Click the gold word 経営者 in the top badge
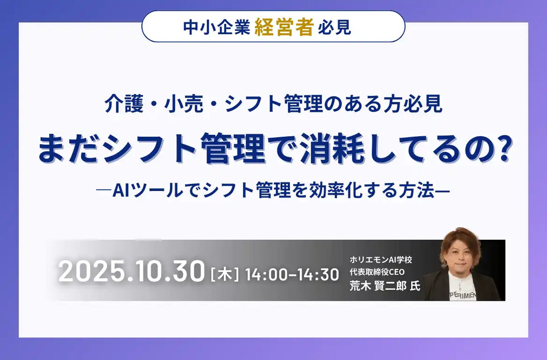[x=284, y=27]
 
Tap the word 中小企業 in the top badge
[x=217, y=27]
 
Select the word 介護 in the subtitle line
[x=124, y=103]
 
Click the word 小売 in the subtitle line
[x=184, y=103]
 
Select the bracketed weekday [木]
[x=225, y=274]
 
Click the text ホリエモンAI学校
[x=380, y=260]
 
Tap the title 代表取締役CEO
[x=377, y=272]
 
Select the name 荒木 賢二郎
[x=378, y=286]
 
